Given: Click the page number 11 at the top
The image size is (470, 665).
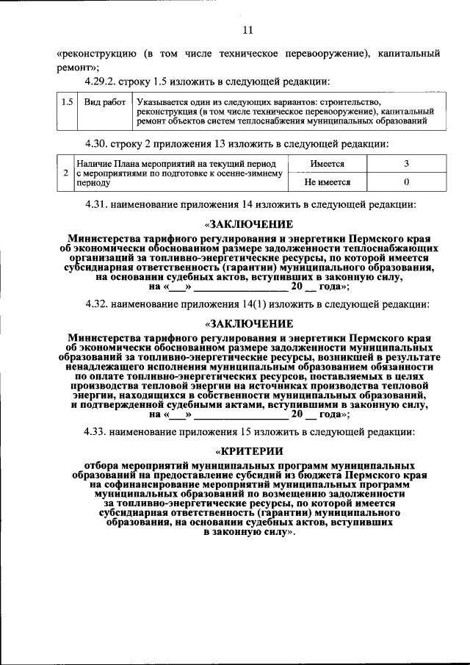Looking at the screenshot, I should [247, 30].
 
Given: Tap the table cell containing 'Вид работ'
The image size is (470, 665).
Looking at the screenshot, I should [104, 102].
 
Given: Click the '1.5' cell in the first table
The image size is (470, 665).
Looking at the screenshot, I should [67, 102].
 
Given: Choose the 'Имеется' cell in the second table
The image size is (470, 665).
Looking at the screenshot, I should [327, 164].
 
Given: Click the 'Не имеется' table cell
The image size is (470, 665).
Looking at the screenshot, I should [327, 182].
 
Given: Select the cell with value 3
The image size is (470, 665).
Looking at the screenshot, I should [405, 164].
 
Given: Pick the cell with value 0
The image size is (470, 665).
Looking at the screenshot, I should [405, 182].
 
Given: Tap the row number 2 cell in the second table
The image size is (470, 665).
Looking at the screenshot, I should [66, 173].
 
